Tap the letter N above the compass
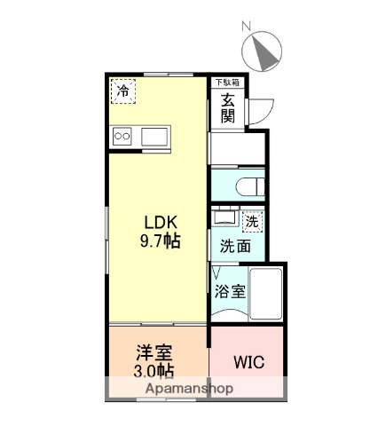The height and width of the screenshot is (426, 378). click(248, 26)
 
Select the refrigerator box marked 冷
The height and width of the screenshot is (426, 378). click(123, 90)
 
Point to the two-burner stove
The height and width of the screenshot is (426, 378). click(122, 138)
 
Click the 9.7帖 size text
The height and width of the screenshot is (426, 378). click(159, 241)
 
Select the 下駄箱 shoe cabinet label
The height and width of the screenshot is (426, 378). click(228, 82)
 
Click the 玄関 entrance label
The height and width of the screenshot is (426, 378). click(228, 109)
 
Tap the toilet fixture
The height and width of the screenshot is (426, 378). click(252, 186)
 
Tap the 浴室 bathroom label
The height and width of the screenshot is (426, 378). click(229, 289)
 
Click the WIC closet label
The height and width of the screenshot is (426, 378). click(247, 363)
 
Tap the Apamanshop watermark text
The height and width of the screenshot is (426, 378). click(170, 389)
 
